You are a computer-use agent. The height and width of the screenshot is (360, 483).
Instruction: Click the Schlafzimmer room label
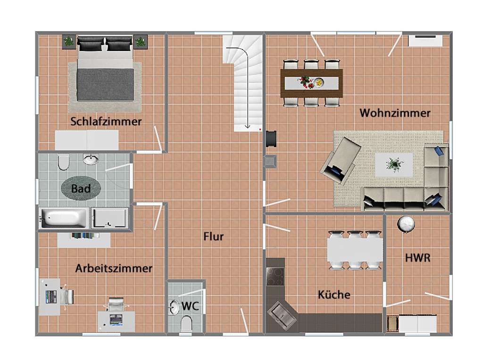point(106,122)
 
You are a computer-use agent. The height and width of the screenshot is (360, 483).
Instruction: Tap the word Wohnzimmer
point(395,113)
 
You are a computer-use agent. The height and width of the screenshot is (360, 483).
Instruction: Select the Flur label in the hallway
point(213,237)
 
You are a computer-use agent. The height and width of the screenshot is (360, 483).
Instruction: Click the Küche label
point(334,295)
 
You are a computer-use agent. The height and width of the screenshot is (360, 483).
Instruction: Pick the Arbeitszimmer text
point(114,269)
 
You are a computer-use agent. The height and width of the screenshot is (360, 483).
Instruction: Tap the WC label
point(191,306)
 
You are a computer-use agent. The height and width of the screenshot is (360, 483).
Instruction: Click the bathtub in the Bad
point(64,219)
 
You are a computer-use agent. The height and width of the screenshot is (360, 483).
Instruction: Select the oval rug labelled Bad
point(81,188)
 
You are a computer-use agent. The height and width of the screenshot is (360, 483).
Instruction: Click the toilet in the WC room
point(186,324)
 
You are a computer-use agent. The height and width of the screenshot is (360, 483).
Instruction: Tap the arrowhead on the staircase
point(247,126)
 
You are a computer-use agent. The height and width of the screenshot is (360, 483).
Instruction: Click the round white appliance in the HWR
point(406,224)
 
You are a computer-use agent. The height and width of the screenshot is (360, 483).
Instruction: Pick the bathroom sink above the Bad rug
point(91,159)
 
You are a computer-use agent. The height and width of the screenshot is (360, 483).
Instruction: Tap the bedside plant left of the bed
point(69,41)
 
